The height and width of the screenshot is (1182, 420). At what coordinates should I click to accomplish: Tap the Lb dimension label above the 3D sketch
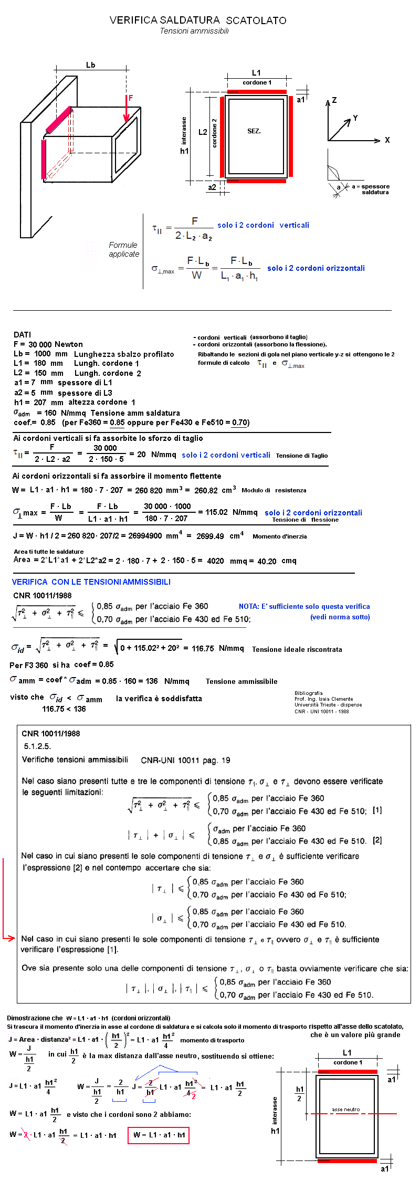point(90,65)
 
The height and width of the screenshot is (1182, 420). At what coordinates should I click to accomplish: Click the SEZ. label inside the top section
point(254,131)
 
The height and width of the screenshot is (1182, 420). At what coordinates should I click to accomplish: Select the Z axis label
point(334,100)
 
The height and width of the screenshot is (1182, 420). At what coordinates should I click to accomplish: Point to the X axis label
point(387,140)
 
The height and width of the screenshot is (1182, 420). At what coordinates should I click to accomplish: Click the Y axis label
point(355,118)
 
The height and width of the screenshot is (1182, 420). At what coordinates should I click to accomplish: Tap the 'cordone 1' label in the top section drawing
point(257,82)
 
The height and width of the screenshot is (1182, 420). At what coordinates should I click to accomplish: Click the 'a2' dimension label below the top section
point(212,187)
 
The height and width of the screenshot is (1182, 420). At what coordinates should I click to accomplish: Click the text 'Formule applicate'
point(124,249)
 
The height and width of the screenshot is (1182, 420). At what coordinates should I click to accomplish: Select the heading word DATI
point(22,334)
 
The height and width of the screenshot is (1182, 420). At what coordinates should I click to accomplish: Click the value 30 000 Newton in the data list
point(55,344)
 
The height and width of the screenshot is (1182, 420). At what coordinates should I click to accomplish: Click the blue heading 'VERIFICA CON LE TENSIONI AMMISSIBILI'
point(91,582)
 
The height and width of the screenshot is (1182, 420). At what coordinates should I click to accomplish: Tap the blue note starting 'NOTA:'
point(304,606)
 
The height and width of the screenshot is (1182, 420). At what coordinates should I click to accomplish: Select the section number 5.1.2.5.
point(37,746)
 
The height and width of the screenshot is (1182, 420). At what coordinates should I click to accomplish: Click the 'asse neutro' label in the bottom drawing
point(345,1109)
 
